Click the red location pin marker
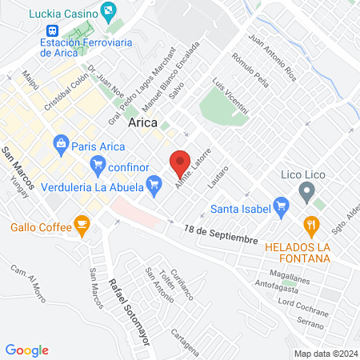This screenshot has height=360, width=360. coord(181,162)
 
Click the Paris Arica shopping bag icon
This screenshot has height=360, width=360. coord(60,146)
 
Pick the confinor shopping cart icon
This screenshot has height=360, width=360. coord(98,166)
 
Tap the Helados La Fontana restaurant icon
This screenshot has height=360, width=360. coord(312,225)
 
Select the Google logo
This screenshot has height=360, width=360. coord(27,350)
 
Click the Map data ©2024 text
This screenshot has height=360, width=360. coord(324,353)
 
